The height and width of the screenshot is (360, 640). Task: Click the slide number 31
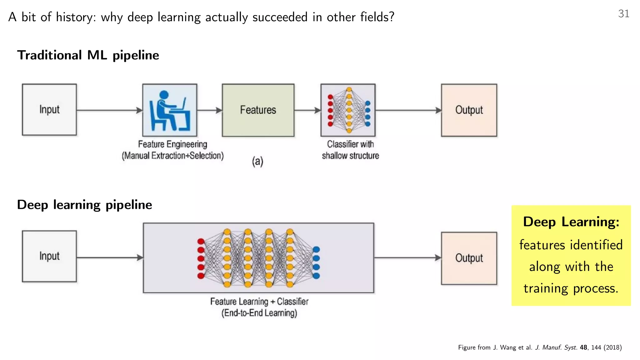pos(623,14)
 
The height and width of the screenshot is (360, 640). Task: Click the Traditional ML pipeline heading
pos(88,55)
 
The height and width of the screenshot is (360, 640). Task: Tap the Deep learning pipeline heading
pos(84,205)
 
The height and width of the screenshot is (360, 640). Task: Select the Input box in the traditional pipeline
pos(49,110)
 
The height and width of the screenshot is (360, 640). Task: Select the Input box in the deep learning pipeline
pos(49,256)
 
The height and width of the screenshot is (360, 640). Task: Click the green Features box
pos(258,110)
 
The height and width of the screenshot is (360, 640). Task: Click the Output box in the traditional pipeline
pos(469,110)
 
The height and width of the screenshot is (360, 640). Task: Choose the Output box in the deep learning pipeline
pos(469,258)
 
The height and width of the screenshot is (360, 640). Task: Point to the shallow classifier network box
pos(348,110)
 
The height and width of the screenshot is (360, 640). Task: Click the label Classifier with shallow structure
pos(350,150)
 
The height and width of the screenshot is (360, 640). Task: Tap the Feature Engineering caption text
pos(172,150)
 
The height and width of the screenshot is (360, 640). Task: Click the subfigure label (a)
pos(258,162)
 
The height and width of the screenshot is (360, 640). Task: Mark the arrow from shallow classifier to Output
pos(408,110)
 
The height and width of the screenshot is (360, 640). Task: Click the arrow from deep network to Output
pos(407,258)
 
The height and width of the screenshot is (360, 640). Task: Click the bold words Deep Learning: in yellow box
pos(571,222)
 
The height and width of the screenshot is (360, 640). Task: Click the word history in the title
pos(75,17)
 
